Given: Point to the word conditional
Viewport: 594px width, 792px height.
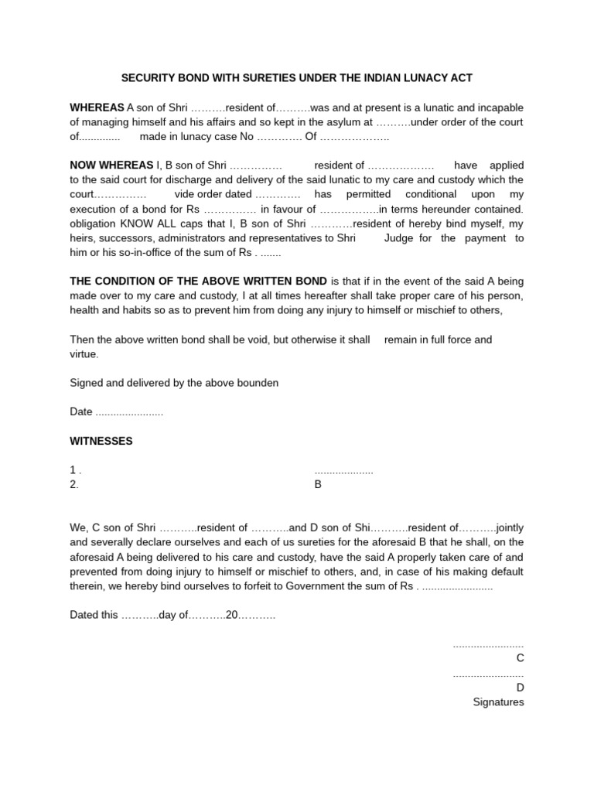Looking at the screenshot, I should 434,194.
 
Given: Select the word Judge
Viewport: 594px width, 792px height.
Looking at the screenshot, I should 400,238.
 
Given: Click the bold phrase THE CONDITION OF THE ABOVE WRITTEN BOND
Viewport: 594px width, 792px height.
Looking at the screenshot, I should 199,282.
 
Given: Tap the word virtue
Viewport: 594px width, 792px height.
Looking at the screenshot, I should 84,354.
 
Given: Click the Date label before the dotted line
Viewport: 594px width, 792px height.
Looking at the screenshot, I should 81,412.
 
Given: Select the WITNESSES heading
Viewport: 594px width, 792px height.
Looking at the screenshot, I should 101,441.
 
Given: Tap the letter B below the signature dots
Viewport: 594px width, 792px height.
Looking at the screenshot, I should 317,485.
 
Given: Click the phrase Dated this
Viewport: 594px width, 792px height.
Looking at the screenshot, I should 94,616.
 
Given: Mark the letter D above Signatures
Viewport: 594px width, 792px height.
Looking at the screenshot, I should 520,688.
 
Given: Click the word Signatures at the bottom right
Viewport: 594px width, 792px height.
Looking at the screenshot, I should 498,702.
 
